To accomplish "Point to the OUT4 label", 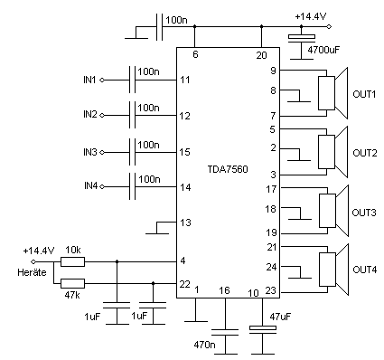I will (x=365, y=270).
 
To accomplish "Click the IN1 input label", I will (x=89, y=80).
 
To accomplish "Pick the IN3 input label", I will (x=89, y=150).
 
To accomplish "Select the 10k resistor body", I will (x=73, y=262).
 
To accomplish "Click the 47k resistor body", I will (x=73, y=284).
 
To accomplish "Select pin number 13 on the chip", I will (x=185, y=222).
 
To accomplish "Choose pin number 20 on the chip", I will (x=262, y=56).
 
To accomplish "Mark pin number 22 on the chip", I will (x=185, y=284).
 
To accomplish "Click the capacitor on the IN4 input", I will (x=134, y=186).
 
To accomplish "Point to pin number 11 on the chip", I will (x=185, y=80).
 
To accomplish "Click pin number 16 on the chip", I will (x=225, y=290).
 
